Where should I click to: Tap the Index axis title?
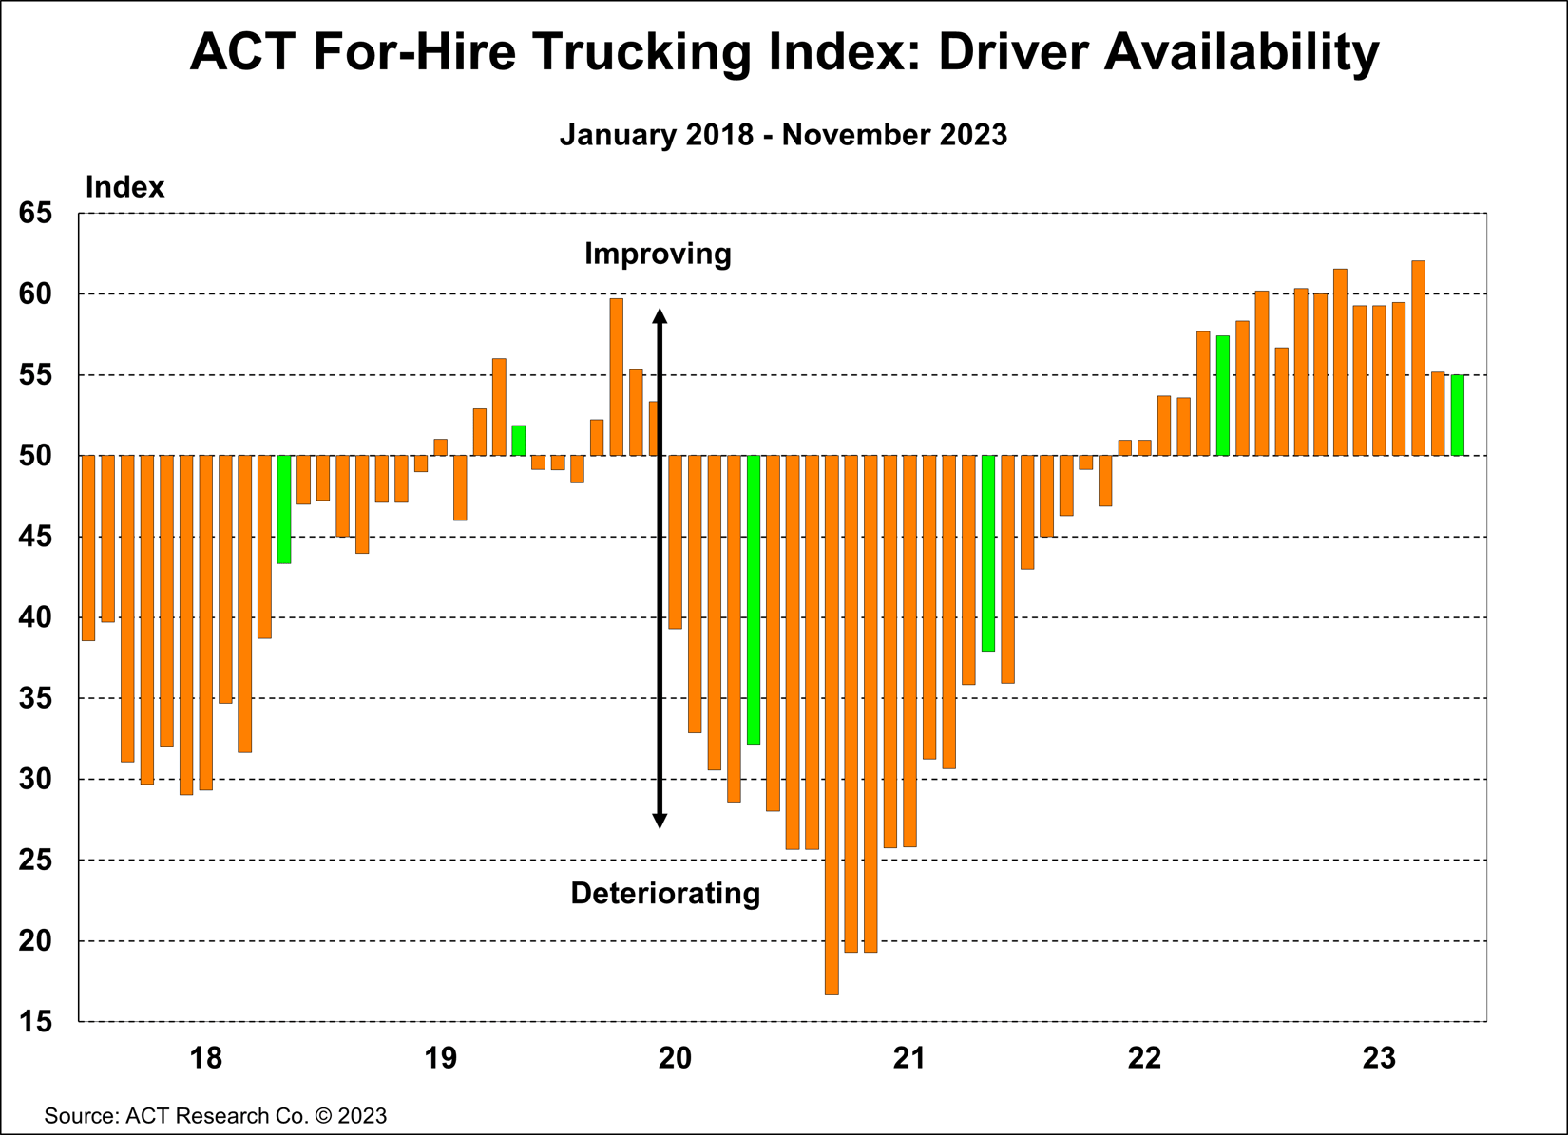(x=124, y=187)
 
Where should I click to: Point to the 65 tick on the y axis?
(x=36, y=213)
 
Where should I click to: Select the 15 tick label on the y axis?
(x=36, y=1022)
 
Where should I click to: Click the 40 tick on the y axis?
(x=36, y=617)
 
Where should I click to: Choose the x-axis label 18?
(x=205, y=1057)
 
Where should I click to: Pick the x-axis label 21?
(x=909, y=1057)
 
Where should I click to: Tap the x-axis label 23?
(x=1379, y=1057)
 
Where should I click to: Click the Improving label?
(x=658, y=254)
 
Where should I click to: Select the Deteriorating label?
(x=665, y=894)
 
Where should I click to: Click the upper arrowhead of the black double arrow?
(x=660, y=316)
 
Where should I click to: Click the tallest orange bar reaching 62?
(x=1418, y=358)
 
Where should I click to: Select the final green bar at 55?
(x=1457, y=415)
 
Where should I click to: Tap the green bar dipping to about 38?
(x=988, y=553)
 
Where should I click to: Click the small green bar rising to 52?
(x=519, y=441)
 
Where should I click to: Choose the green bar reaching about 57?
(x=1223, y=395)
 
